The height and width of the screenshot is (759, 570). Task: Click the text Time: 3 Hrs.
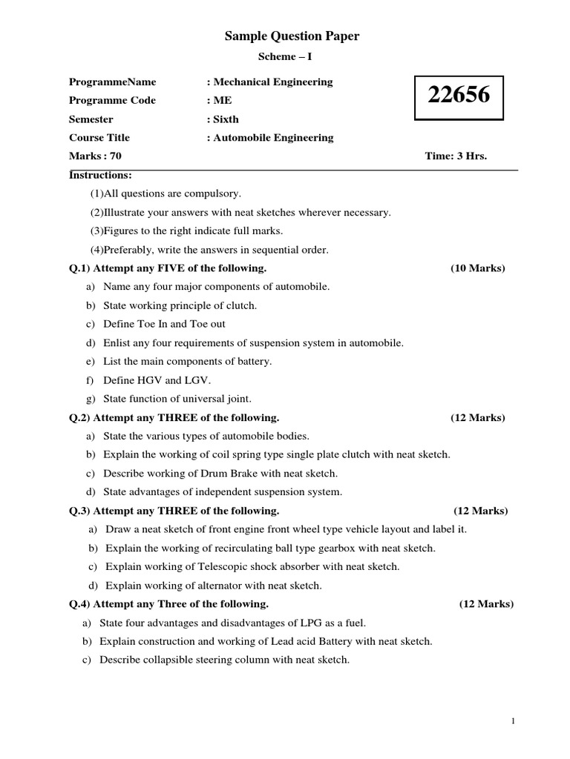pyautogui.click(x=456, y=156)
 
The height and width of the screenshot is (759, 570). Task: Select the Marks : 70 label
pyautogui.click(x=95, y=156)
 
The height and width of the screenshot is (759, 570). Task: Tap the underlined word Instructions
pyautogui.click(x=100, y=175)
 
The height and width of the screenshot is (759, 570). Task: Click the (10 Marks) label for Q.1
pyautogui.click(x=477, y=268)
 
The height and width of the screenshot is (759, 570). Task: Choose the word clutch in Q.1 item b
pyautogui.click(x=240, y=305)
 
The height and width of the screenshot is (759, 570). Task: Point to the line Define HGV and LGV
pyautogui.click(x=157, y=379)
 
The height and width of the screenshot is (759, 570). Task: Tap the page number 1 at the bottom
pyautogui.click(x=513, y=720)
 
